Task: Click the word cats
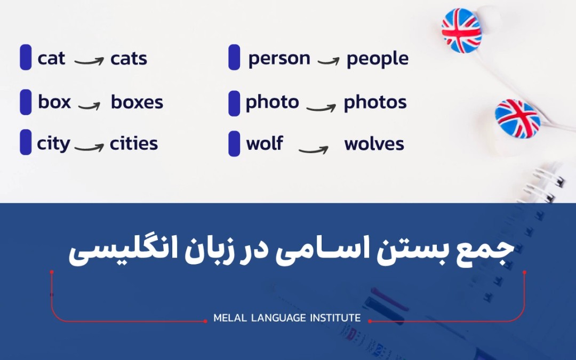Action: pyautogui.click(x=129, y=59)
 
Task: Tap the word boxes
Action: pyautogui.click(x=137, y=102)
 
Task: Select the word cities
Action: pyautogui.click(x=134, y=144)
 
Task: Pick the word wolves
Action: pyautogui.click(x=374, y=144)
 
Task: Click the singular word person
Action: pyautogui.click(x=279, y=59)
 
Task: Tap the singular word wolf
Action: pyautogui.click(x=265, y=143)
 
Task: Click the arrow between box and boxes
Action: pyautogui.click(x=90, y=105)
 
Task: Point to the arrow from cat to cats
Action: pyautogui.click(x=89, y=61)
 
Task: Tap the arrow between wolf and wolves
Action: pyautogui.click(x=313, y=149)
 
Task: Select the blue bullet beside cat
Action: pyautogui.click(x=26, y=58)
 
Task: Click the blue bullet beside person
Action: pyautogui.click(x=234, y=58)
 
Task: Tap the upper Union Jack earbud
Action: pyautogui.click(x=461, y=30)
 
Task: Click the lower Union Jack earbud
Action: pyautogui.click(x=517, y=118)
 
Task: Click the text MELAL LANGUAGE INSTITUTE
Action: pyautogui.click(x=287, y=318)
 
